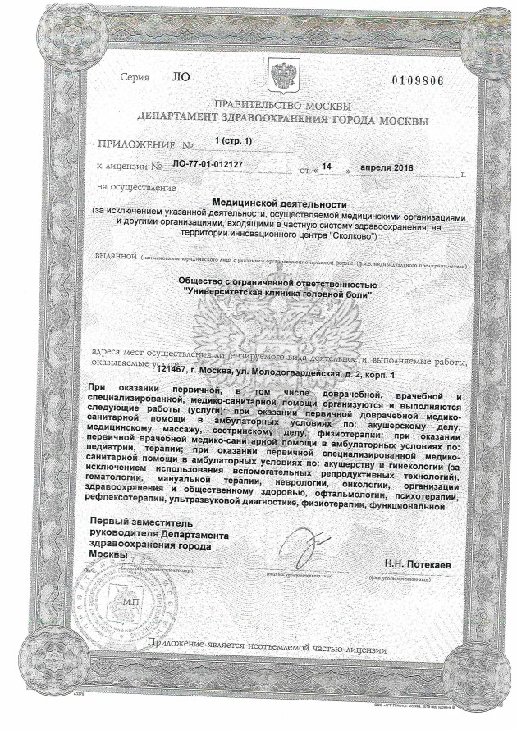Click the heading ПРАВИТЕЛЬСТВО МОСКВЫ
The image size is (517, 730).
pos(281,107)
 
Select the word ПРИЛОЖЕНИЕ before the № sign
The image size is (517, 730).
pos(133,143)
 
